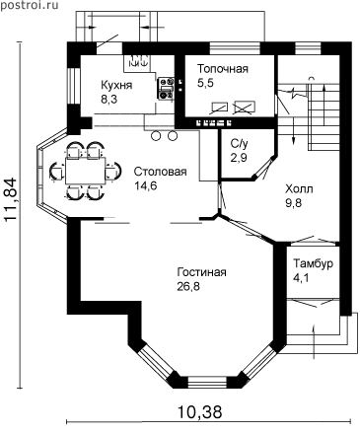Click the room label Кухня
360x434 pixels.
[116, 85]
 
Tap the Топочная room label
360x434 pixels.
[223, 69]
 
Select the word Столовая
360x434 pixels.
[161, 172]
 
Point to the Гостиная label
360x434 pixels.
[201, 272]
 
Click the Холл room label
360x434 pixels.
[299, 188]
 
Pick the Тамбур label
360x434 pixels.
[314, 263]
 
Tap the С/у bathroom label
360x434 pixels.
[239, 143]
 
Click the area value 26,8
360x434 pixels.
[188, 287]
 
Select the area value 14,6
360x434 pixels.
[146, 185]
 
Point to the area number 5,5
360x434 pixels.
[205, 83]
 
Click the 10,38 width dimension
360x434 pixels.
[200, 411]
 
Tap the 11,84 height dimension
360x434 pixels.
[11, 199]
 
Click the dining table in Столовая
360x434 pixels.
[86, 171]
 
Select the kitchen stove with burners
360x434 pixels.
[166, 88]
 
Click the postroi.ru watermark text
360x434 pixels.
[29, 5]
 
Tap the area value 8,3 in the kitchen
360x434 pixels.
[108, 99]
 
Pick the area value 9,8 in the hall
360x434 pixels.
[293, 203]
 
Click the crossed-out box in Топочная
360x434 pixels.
[244, 107]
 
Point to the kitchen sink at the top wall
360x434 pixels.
[138, 61]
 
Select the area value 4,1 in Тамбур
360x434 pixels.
[301, 278]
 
